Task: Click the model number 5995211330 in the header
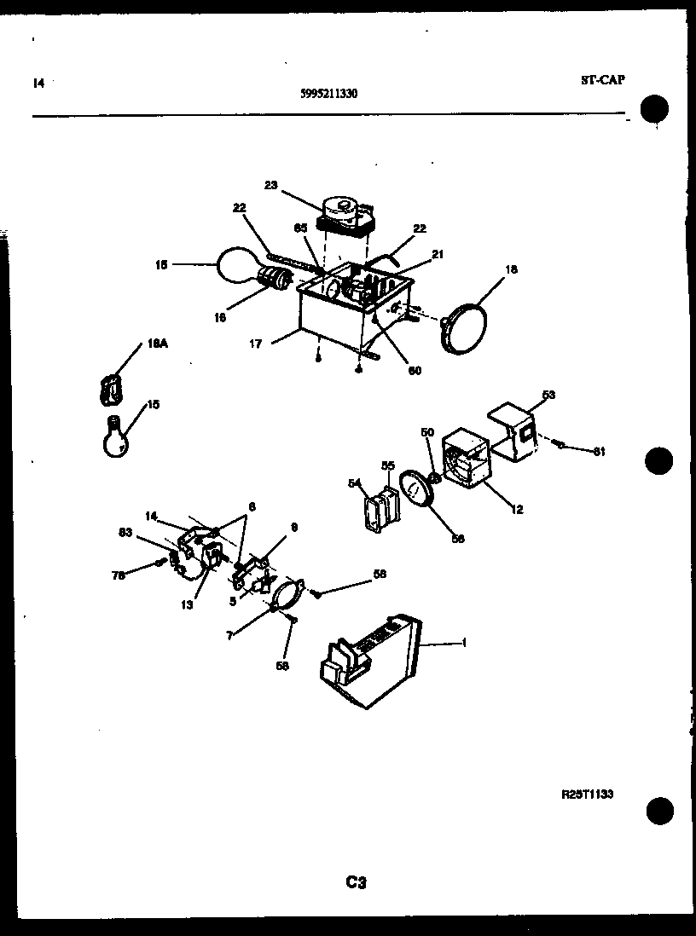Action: (x=329, y=95)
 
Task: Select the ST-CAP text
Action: (x=602, y=80)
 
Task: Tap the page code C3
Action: (x=356, y=883)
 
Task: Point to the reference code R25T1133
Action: (x=587, y=794)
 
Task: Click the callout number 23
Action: (x=270, y=184)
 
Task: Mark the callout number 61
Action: (x=599, y=452)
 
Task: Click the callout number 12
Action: (x=517, y=510)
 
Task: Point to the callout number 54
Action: (x=354, y=483)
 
